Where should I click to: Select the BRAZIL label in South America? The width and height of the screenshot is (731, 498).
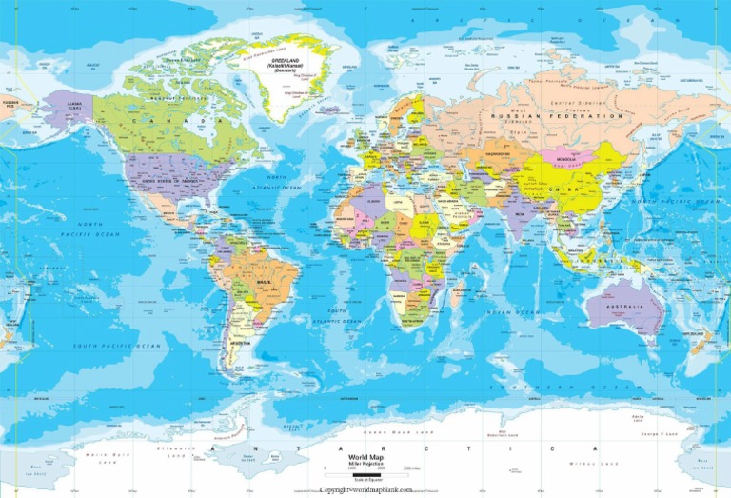point(262,283)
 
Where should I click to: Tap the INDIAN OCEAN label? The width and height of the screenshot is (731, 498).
point(510,311)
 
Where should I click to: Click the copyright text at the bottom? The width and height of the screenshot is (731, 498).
point(365,489)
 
